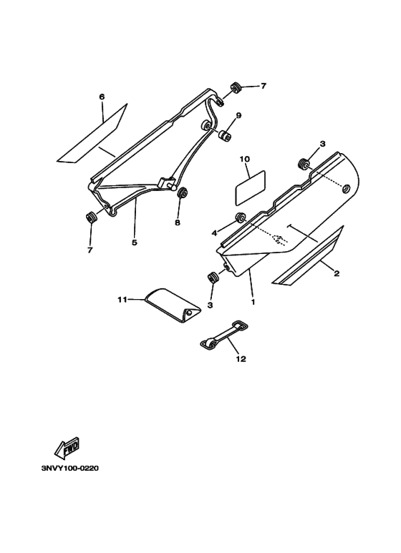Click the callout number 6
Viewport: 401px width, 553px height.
coord(102,97)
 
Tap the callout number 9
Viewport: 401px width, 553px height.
coord(238,115)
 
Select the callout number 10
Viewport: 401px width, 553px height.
coord(244,159)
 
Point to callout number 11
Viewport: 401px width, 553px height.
coord(122,300)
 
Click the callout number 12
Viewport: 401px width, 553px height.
coord(241,359)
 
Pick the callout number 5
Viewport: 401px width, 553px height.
coord(135,243)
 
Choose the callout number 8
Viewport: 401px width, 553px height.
coord(178,222)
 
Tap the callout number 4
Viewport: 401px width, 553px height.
coord(214,233)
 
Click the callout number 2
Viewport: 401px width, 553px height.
coord(337,273)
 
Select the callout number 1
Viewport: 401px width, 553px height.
coord(253,302)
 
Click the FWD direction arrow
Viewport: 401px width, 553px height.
coord(67,448)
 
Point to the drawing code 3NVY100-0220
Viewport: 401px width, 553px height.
coord(70,469)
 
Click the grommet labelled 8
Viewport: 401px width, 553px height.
coord(183,193)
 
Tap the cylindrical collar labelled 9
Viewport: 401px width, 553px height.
coord(225,135)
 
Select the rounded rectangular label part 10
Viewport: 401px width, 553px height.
coord(250,187)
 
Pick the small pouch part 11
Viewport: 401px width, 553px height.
coord(173,305)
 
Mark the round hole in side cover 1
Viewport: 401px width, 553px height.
coord(346,189)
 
